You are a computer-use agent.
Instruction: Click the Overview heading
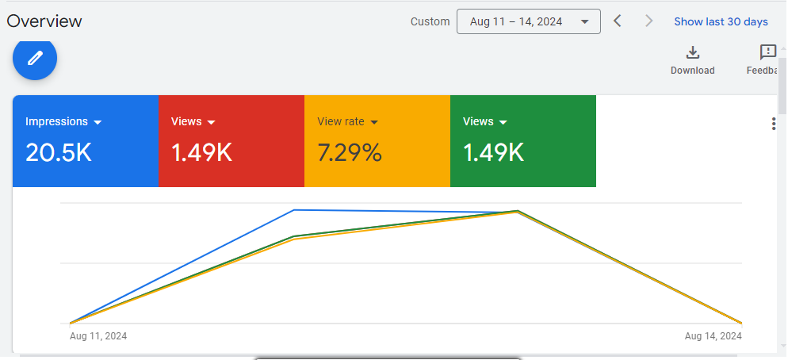pyautogui.click(x=44, y=21)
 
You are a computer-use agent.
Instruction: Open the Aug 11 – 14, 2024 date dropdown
pyautogui.click(x=528, y=21)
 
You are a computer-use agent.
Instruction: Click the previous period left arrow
pyautogui.click(x=618, y=21)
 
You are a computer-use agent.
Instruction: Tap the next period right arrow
pyautogui.click(x=649, y=21)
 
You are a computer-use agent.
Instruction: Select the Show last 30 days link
pyautogui.click(x=721, y=21)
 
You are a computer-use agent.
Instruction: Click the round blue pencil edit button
pyautogui.click(x=35, y=58)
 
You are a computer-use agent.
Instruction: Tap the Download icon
pyautogui.click(x=692, y=53)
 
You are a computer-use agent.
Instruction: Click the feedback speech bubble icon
pyautogui.click(x=767, y=53)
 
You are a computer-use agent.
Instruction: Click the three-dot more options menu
pyautogui.click(x=774, y=124)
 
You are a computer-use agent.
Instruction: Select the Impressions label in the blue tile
pyautogui.click(x=56, y=121)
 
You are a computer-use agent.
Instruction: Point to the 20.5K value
pyautogui.click(x=59, y=152)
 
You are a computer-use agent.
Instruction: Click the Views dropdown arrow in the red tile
pyautogui.click(x=212, y=122)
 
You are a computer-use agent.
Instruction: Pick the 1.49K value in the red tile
pyautogui.click(x=201, y=152)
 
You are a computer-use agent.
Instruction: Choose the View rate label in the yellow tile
pyautogui.click(x=341, y=121)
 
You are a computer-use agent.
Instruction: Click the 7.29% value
pyautogui.click(x=350, y=152)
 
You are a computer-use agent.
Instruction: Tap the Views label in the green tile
pyautogui.click(x=478, y=121)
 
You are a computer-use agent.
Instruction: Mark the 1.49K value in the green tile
pyautogui.click(x=493, y=152)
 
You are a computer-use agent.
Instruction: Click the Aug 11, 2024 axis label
pyautogui.click(x=98, y=336)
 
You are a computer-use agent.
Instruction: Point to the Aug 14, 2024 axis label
pyautogui.click(x=713, y=336)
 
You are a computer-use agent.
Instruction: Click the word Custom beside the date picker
pyautogui.click(x=430, y=21)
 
